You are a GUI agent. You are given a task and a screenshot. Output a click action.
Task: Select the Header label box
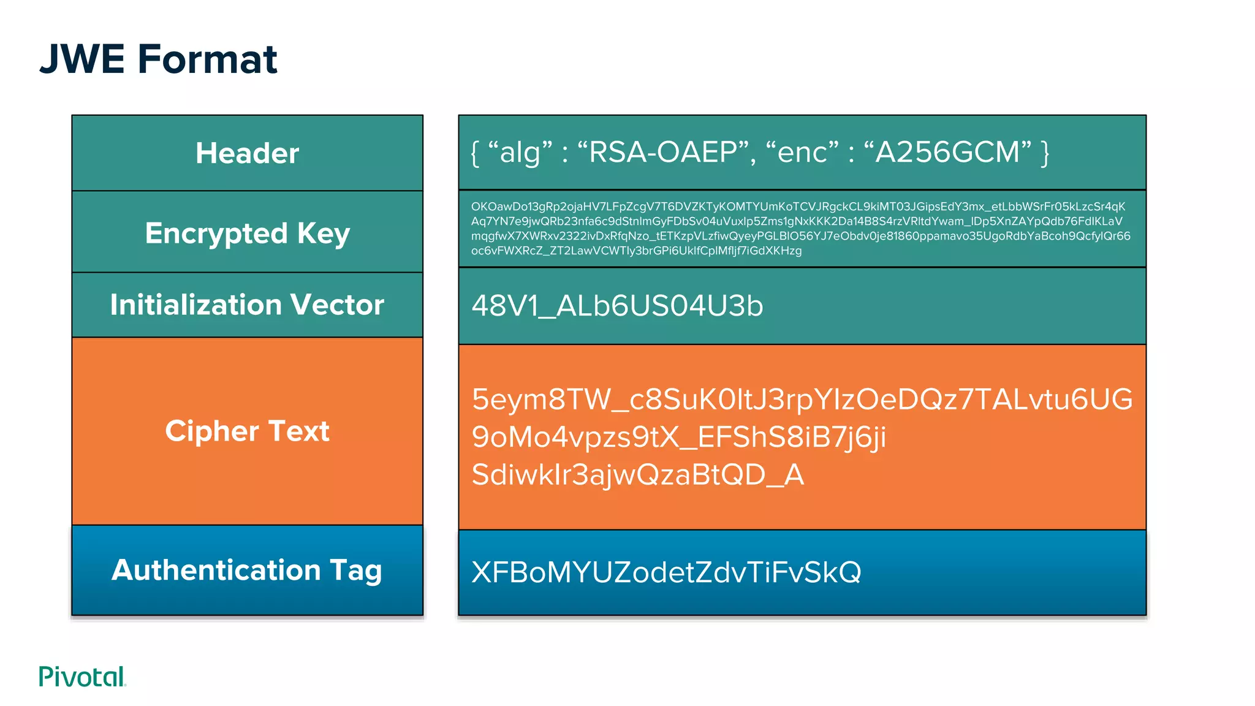pos(247,153)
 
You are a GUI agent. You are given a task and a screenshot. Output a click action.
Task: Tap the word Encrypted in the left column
pos(216,233)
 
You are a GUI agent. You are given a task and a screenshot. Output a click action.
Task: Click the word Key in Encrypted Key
pos(324,233)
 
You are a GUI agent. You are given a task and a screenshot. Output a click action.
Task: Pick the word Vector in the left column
pos(337,305)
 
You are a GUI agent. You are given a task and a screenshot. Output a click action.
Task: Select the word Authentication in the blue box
pos(216,570)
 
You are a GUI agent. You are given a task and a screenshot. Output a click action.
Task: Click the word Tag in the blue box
pos(356,571)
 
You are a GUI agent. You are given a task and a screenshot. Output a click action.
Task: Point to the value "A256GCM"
pos(947,152)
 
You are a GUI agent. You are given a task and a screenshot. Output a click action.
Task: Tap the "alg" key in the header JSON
pos(520,153)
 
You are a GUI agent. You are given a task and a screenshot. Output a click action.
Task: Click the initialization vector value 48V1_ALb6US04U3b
pos(617,306)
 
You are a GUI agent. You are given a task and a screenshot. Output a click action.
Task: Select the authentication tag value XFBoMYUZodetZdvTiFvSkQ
pos(666,572)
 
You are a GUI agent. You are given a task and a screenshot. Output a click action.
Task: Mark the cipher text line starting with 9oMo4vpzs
pos(678,438)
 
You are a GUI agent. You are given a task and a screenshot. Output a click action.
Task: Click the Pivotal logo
pos(82,677)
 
